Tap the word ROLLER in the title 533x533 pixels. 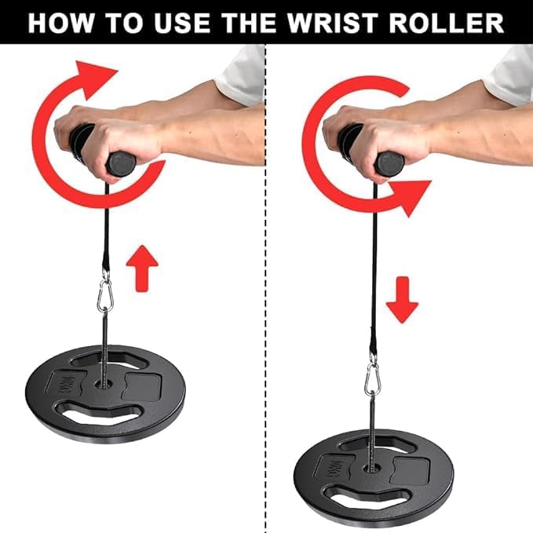[x=447, y=23]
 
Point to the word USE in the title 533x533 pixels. [x=182, y=23]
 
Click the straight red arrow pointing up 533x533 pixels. [x=142, y=268]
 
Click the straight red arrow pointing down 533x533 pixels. [x=402, y=300]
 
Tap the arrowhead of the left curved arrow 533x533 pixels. [x=94, y=78]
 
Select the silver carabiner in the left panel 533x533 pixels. [x=105, y=294]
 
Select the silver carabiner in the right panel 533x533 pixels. [x=373, y=379]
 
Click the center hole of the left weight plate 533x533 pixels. [x=104, y=385]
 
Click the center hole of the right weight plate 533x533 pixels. [x=372, y=469]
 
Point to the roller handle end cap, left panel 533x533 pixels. [x=121, y=164]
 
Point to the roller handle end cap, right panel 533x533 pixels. [x=389, y=164]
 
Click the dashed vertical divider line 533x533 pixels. [x=265, y=289]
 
